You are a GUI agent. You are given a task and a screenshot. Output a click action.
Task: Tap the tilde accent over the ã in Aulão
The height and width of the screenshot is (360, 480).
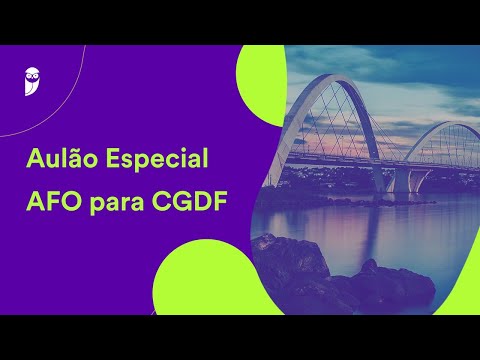(81, 148)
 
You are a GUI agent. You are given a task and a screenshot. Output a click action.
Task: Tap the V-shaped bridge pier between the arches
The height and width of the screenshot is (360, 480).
(398, 178)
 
